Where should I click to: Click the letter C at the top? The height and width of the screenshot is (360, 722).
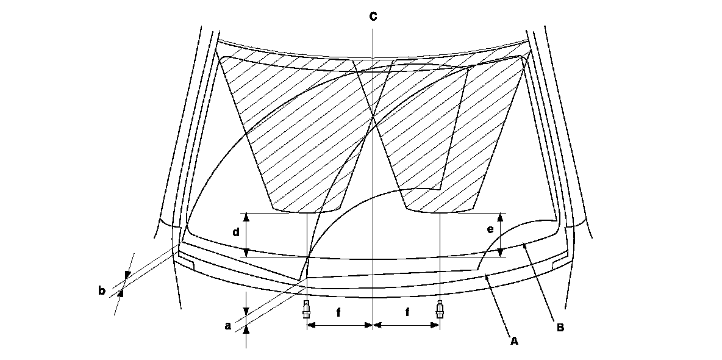(373, 17)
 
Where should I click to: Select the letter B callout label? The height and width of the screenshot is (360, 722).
(560, 328)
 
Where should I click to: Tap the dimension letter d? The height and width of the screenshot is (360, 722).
(235, 232)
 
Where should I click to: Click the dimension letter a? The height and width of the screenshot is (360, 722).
(228, 326)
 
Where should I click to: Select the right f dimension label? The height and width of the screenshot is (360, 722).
(407, 312)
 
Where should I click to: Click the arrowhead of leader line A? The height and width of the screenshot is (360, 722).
(486, 278)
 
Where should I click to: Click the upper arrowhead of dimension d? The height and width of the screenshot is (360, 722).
(246, 216)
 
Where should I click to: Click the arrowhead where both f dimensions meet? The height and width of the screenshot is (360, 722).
(373, 326)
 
